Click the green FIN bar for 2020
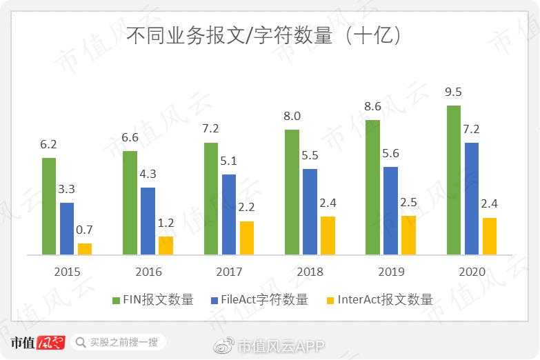(x=453, y=180)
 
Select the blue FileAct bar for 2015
(x=66, y=228)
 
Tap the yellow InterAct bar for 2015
(x=84, y=249)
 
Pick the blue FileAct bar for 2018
(x=310, y=212)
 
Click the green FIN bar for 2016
(x=130, y=203)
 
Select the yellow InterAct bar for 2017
(x=246, y=238)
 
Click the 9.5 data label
(x=453, y=92)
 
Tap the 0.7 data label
(x=84, y=230)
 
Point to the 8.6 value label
(x=372, y=106)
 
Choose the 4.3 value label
(x=148, y=174)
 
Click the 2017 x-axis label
(x=229, y=272)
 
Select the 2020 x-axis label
(x=472, y=272)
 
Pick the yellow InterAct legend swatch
(x=330, y=300)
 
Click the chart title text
(x=264, y=36)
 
